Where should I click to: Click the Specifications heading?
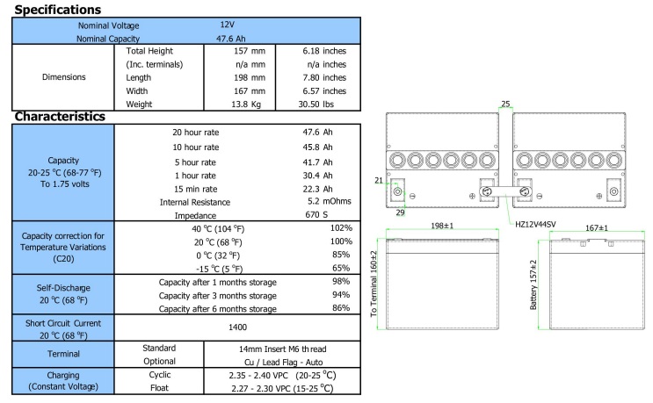click(x=58, y=9)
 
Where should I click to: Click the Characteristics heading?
click(x=60, y=116)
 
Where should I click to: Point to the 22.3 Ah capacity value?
click(x=317, y=188)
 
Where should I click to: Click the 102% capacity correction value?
click(x=341, y=227)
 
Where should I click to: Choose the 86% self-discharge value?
click(x=341, y=308)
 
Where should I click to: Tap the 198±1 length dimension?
click(x=442, y=227)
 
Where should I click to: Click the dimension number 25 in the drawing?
click(x=504, y=104)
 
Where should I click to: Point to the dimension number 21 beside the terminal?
click(x=379, y=181)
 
